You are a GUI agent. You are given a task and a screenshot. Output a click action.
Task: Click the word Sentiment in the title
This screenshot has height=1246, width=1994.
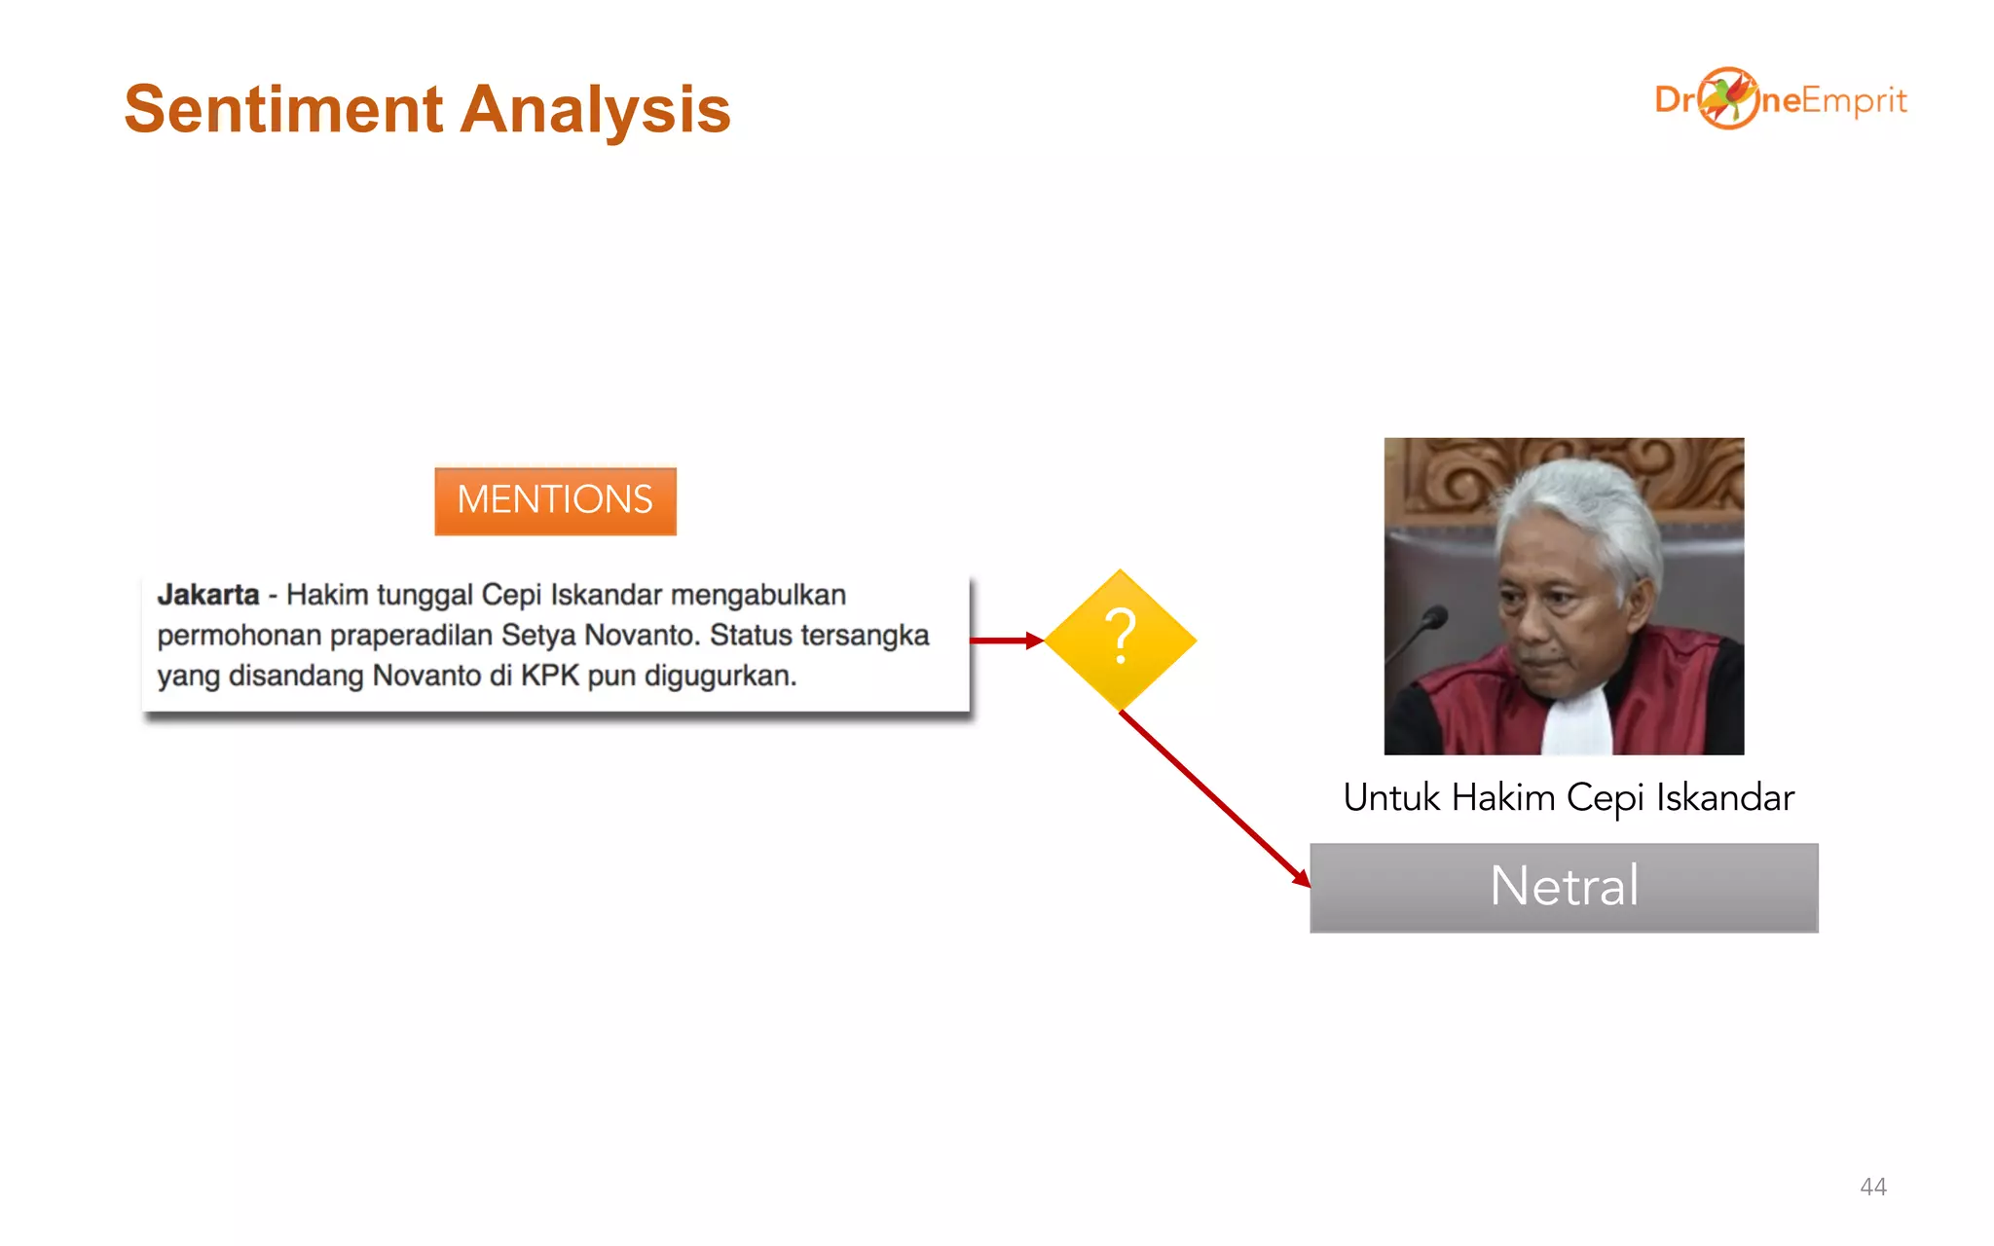(x=283, y=109)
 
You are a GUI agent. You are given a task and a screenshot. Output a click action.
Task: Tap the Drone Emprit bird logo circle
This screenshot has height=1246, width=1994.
(x=1728, y=98)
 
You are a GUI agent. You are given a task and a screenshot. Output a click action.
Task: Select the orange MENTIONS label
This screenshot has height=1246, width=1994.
(x=555, y=500)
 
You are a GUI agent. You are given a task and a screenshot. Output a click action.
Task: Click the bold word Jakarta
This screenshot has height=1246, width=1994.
(x=208, y=594)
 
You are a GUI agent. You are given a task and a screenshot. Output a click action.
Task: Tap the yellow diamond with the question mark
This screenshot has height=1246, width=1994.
(x=1121, y=640)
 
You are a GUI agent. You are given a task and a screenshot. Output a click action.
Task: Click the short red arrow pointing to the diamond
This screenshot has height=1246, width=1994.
(x=1005, y=641)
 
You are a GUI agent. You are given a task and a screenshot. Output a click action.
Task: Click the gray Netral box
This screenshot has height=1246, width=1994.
(x=1564, y=887)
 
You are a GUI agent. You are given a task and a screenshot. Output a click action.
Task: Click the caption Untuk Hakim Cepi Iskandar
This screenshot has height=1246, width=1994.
(x=1568, y=797)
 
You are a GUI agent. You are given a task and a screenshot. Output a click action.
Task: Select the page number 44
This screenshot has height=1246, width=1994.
(x=1872, y=1186)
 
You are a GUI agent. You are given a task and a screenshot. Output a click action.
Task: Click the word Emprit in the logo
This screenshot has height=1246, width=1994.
(x=1854, y=100)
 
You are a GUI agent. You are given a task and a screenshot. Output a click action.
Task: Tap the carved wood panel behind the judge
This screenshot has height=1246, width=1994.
(x=1441, y=472)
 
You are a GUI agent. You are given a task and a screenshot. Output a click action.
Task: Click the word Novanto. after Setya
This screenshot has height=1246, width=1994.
(x=643, y=636)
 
